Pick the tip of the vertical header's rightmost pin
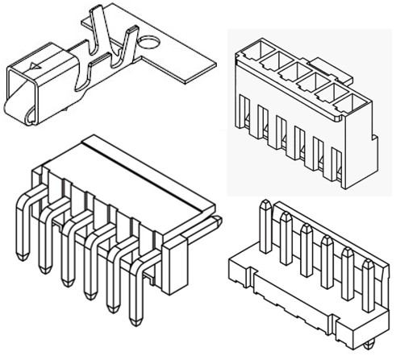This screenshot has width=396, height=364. click(367, 265)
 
